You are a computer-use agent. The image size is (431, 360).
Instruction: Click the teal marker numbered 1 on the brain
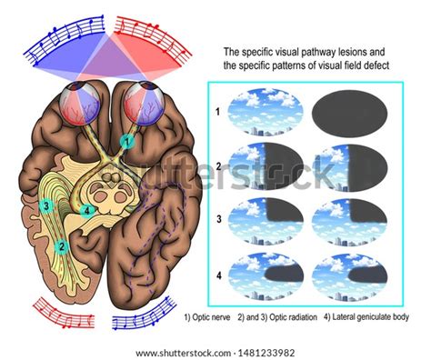[x=127, y=141]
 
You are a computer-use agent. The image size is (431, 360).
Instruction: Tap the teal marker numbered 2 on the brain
[x=61, y=245]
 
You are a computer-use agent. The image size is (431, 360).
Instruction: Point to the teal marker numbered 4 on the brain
[x=87, y=211]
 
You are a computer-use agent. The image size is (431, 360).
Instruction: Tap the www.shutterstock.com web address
[x=181, y=352]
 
